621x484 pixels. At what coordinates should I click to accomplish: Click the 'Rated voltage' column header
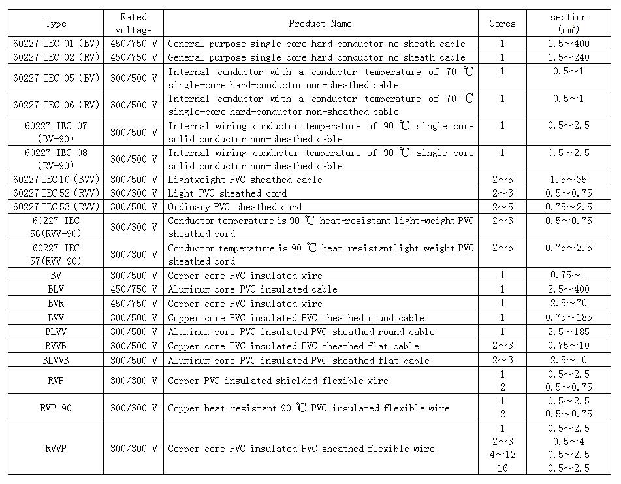pyautogui.click(x=133, y=24)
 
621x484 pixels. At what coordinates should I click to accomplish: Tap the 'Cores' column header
pyautogui.click(x=502, y=24)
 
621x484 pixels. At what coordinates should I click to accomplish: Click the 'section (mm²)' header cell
pyautogui.click(x=569, y=24)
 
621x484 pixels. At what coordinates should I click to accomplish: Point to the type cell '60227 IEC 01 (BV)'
pyautogui.click(x=56, y=44)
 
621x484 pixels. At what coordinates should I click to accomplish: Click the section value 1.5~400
pyautogui.click(x=569, y=44)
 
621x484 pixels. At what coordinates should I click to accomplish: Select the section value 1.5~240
pyautogui.click(x=569, y=57)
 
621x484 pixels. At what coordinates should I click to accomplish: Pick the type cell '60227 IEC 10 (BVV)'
pyautogui.click(x=56, y=180)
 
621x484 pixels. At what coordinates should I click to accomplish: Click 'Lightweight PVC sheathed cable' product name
pyautogui.click(x=246, y=180)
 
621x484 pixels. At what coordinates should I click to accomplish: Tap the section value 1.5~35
pyautogui.click(x=569, y=180)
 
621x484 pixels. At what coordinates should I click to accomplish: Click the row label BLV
pyautogui.click(x=56, y=289)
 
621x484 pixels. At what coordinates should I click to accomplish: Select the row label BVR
pyautogui.click(x=56, y=304)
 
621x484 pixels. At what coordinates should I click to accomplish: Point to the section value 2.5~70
pyautogui.click(x=569, y=304)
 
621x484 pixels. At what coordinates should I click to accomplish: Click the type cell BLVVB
pyautogui.click(x=56, y=361)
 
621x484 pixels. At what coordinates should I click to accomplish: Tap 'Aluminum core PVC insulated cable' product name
pyautogui.click(x=253, y=289)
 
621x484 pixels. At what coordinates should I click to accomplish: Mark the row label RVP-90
pyautogui.click(x=56, y=408)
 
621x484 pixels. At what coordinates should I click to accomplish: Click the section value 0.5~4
pyautogui.click(x=569, y=442)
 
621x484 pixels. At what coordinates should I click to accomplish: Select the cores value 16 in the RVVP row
pyautogui.click(x=502, y=468)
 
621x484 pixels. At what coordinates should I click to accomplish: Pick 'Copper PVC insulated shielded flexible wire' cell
pyautogui.click(x=278, y=381)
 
